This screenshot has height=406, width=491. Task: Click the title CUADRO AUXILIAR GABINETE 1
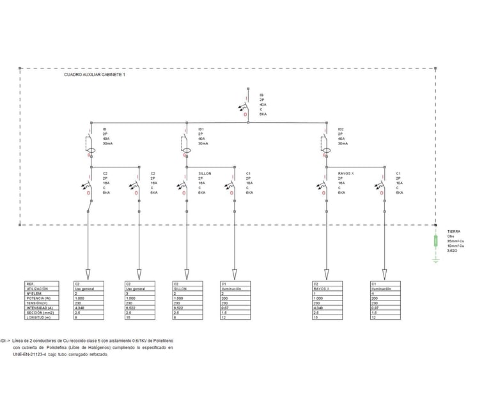(x=95, y=75)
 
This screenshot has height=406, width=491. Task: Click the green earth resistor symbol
(x=435, y=241)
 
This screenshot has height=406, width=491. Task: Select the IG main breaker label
(x=261, y=95)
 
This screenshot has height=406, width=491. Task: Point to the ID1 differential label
(x=201, y=129)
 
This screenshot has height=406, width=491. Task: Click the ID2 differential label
(x=341, y=129)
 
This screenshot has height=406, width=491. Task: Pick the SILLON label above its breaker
(x=205, y=173)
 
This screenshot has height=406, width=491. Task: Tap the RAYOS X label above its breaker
(x=345, y=173)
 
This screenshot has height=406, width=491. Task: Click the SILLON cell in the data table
(x=180, y=288)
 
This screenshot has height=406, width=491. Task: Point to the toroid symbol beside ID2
(x=327, y=152)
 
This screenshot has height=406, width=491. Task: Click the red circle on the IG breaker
(x=247, y=113)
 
